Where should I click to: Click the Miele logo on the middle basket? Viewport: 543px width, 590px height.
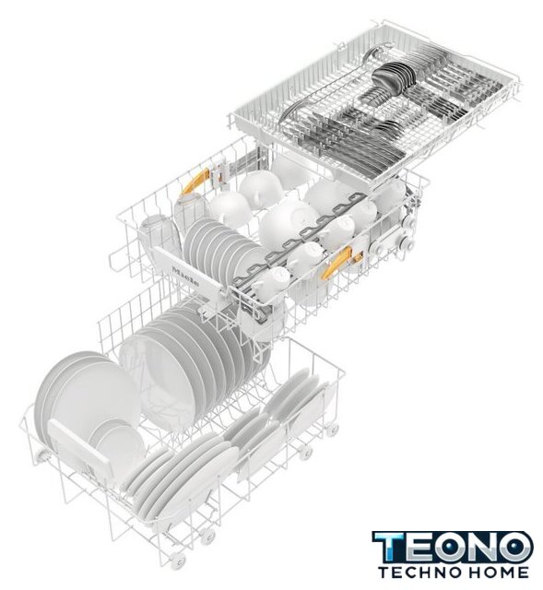pos(185,277)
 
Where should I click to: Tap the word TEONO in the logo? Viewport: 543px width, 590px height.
pos(453,548)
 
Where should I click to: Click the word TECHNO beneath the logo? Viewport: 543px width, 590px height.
pos(419,572)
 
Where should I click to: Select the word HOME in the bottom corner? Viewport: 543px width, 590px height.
pos(497,572)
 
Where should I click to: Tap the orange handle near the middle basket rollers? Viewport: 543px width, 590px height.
pos(337,264)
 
